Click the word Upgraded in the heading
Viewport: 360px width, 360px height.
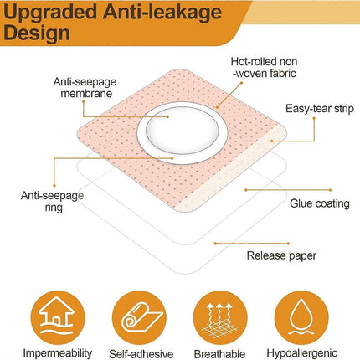pos(50,13)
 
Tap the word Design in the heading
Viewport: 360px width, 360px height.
pos(37,33)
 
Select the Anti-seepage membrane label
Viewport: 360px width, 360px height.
pos(85,88)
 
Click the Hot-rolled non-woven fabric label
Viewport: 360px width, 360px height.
pos(264,67)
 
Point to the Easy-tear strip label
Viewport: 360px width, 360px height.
pos(320,109)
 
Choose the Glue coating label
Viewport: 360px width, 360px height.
pos(320,203)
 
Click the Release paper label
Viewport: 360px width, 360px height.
pos(281,255)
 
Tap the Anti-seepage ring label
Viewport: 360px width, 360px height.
pos(53,201)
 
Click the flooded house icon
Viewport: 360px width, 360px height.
pos(57,317)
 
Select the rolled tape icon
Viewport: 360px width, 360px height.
pos(139,317)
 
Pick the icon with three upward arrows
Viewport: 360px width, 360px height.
pos(220,317)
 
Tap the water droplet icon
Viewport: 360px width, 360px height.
pos(301,317)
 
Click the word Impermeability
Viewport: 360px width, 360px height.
pos(57,353)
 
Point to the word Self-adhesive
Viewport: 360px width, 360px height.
pos(141,354)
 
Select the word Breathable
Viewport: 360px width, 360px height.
pos(219,354)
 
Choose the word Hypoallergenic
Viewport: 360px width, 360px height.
pos(302,353)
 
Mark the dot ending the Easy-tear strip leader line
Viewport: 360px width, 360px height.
pos(271,141)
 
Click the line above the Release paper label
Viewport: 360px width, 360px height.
pos(252,244)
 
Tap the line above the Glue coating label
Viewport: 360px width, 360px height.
pos(288,190)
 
